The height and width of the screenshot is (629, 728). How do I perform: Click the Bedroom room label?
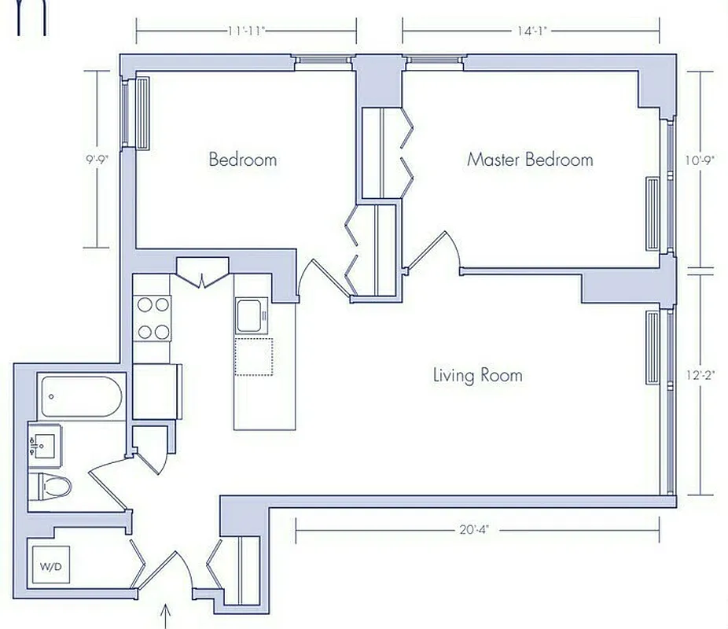[242, 160]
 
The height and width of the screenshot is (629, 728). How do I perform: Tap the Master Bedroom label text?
[530, 160]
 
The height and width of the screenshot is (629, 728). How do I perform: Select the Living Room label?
[477, 375]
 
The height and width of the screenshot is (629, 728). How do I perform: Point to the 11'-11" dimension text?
[247, 31]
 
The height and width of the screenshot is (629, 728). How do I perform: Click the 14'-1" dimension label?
[531, 31]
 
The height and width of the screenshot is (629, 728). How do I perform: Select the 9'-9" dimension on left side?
[97, 158]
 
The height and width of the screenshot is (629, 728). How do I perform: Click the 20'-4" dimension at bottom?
[477, 530]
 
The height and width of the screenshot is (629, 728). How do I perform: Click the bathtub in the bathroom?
[82, 397]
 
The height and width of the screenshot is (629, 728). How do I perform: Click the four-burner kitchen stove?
[153, 318]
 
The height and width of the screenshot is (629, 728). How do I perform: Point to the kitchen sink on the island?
[252, 316]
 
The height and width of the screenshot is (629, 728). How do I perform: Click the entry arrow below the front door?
[166, 615]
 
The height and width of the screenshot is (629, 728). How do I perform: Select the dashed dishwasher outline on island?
[253, 358]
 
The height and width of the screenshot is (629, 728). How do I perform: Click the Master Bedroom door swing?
[432, 252]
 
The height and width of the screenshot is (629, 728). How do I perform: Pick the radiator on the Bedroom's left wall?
[143, 113]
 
